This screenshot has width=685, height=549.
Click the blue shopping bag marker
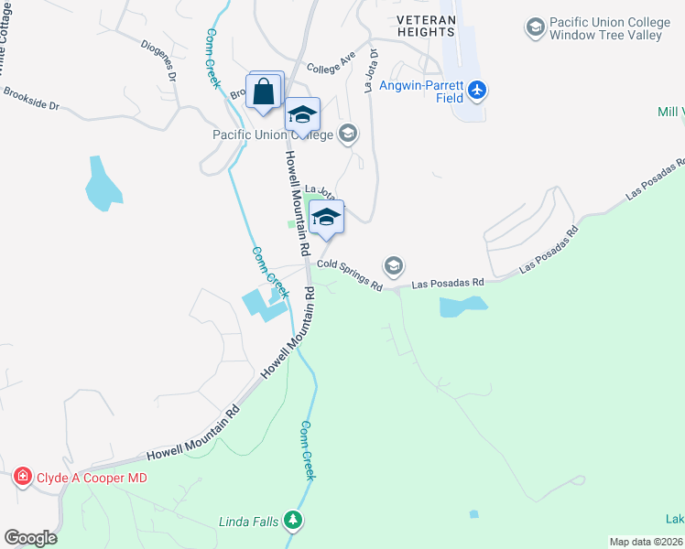click(264, 92)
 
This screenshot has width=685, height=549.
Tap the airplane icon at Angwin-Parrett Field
click(476, 90)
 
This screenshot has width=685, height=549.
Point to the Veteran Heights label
click(427, 26)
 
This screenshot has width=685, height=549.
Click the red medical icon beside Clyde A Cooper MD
click(22, 477)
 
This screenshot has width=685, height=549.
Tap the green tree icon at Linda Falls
click(293, 522)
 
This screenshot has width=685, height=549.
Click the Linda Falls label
click(247, 522)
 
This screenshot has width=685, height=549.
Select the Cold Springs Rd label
click(351, 274)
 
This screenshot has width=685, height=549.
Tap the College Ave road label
click(331, 68)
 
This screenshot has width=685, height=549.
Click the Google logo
click(30, 538)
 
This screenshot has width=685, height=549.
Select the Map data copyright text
click(647, 542)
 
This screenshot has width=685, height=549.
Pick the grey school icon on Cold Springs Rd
click(394, 265)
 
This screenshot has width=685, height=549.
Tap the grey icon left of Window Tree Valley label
click(535, 27)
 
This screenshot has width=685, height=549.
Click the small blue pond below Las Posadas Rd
click(463, 307)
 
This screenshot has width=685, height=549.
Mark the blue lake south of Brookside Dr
click(103, 183)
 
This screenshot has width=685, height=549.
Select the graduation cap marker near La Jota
click(326, 218)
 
